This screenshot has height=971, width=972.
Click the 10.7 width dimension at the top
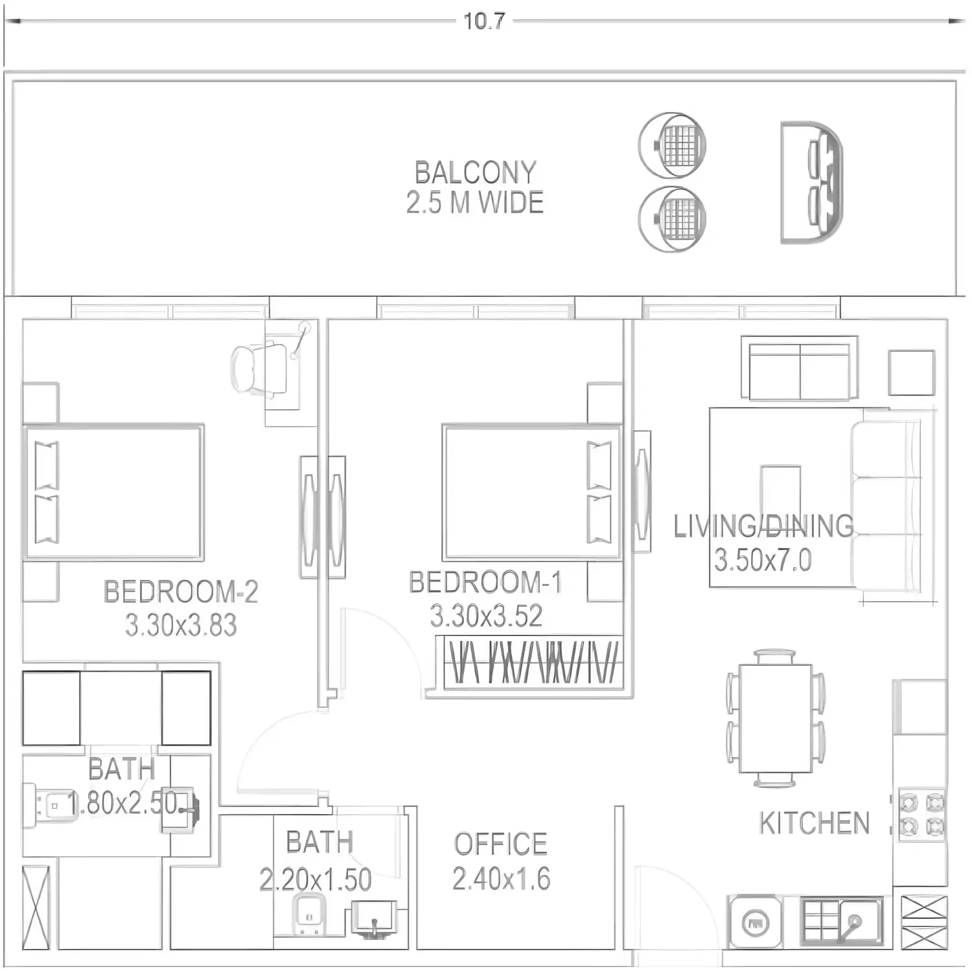tap(484, 21)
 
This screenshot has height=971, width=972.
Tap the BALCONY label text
tap(476, 172)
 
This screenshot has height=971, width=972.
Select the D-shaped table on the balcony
tap(812, 182)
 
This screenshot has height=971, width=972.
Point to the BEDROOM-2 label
tap(181, 592)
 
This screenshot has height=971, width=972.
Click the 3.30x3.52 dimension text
tap(486, 616)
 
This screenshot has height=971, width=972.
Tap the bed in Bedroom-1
tap(532, 492)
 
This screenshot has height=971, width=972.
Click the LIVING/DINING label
tap(763, 526)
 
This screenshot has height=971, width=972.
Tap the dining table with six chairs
tap(776, 718)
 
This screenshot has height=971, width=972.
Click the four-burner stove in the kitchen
tap(921, 815)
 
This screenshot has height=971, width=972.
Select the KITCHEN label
tap(814, 823)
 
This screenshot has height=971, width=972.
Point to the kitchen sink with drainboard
tap(841, 922)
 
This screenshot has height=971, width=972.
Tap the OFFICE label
tap(500, 844)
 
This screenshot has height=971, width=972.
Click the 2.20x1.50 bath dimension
tap(316, 880)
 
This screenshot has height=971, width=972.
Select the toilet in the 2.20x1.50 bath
tap(308, 914)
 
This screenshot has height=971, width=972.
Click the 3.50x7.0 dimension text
tap(763, 560)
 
